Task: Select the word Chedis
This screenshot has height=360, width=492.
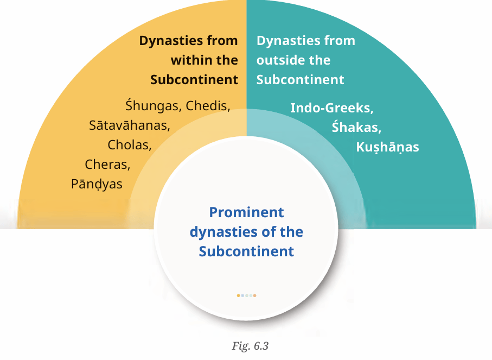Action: pos(208,106)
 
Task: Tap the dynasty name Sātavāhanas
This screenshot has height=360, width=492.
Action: pos(130,125)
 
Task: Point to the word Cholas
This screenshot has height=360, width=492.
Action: pos(130,145)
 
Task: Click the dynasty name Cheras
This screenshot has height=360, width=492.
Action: pos(107,165)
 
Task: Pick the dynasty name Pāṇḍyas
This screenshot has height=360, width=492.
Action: pos(97,184)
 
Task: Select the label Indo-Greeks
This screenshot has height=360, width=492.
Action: pos(332,108)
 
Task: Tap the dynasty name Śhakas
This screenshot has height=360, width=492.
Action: pos(356,127)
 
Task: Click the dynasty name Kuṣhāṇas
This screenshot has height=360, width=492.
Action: pos(387,147)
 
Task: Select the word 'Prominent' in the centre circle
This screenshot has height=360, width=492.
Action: pos(246,212)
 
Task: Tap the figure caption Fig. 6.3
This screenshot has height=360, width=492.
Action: pos(250,346)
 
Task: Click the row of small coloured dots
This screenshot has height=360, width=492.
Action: pos(246,295)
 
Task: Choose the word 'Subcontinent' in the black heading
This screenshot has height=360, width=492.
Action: pos(194,80)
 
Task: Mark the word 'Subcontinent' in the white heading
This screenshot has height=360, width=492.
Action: pos(301,80)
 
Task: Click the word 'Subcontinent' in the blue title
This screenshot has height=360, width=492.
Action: pos(246,251)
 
